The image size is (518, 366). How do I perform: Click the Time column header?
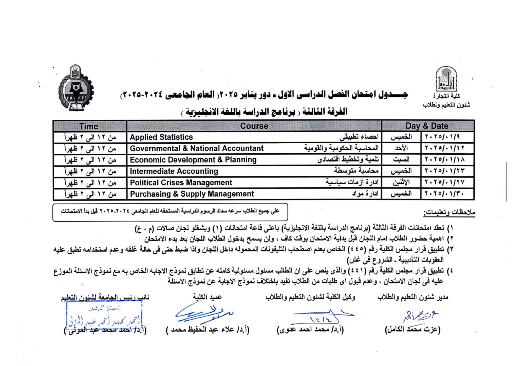point(89,126)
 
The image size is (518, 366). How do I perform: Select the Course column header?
point(254,126)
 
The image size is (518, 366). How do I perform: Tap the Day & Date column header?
point(427,126)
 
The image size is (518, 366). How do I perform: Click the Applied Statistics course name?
point(161,137)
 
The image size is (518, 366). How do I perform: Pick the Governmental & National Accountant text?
point(197,148)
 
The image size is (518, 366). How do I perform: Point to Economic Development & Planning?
point(193,160)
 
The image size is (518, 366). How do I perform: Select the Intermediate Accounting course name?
point(174,171)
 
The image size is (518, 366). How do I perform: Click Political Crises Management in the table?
point(181,183)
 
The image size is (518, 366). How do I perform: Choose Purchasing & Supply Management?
point(192,194)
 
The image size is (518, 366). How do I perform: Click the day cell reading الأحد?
point(401,148)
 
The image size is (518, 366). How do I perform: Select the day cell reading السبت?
point(401,160)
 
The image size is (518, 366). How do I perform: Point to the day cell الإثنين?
point(401,183)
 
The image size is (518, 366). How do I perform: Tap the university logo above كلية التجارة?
point(446,79)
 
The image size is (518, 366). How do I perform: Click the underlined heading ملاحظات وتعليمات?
point(449,213)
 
